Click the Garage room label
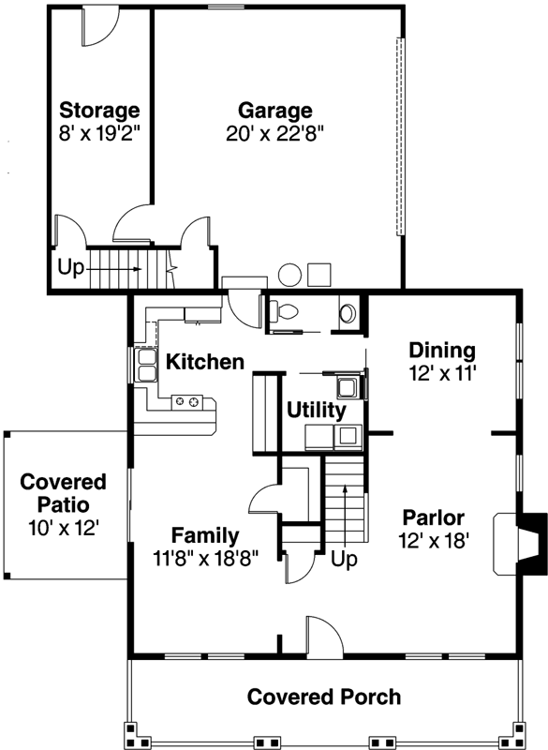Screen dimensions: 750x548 point(274,110)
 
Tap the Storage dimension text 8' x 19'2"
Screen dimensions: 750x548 point(99,133)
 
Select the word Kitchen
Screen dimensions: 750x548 point(205,362)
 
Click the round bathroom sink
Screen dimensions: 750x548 point(348,311)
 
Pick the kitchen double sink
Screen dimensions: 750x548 point(147,365)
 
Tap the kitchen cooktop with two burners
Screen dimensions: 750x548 point(188,402)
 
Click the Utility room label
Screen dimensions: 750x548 point(317,410)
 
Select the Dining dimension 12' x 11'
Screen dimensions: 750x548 point(442,373)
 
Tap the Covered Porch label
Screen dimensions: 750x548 point(324,697)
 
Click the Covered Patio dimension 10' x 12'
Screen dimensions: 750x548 point(63,527)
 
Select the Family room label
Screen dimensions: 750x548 point(203,536)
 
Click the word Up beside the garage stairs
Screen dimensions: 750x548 point(70,267)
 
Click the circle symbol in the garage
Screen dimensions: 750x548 point(291,275)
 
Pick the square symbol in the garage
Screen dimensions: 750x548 point(319,274)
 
